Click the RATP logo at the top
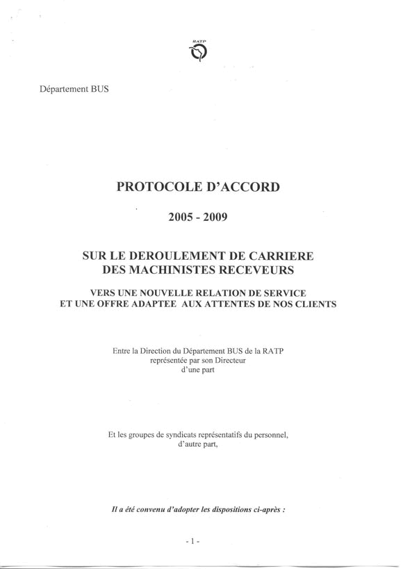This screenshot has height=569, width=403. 199,51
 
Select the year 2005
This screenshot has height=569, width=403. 181,217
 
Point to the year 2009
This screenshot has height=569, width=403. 215,217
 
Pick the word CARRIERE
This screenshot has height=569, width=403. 281,256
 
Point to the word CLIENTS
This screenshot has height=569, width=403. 316,304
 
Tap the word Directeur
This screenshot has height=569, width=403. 231,361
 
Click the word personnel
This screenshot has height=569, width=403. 270,435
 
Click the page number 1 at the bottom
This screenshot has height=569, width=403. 192,541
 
